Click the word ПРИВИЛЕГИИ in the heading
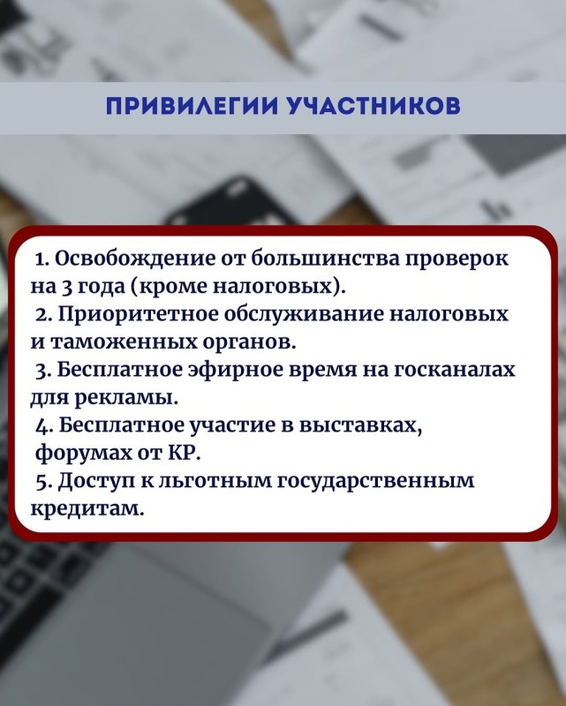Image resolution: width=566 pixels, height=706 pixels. tap(191, 106)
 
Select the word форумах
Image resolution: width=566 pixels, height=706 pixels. tap(82, 454)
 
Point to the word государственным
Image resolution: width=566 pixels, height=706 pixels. tap(376, 482)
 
